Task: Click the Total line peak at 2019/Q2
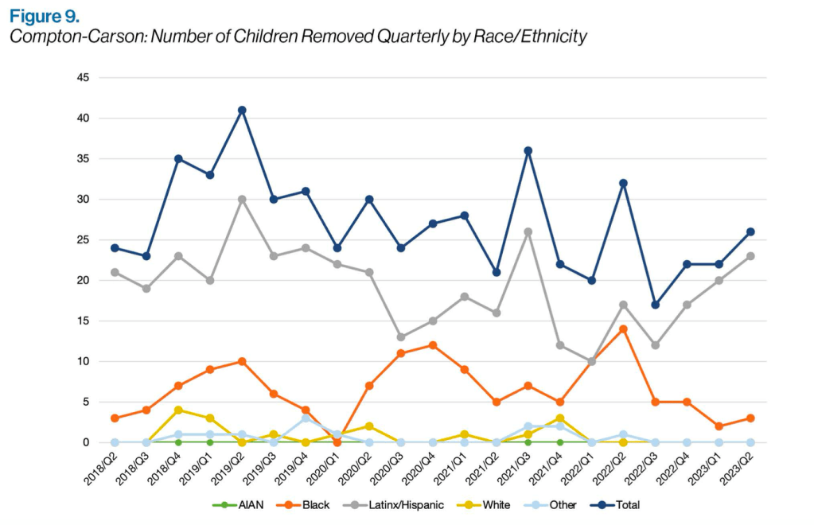coord(242,110)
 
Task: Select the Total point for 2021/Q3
coord(528,150)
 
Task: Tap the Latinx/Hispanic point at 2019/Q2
coord(242,199)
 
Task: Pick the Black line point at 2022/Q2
coord(623,329)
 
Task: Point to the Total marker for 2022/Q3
coord(655,305)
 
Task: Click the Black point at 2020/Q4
coord(432,344)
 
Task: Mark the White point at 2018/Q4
coord(178,410)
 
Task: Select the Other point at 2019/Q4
coord(306,418)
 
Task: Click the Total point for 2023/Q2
coord(750,231)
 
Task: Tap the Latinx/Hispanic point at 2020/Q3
coord(400,336)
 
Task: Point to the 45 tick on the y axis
coord(83,77)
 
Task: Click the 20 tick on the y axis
coord(83,280)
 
